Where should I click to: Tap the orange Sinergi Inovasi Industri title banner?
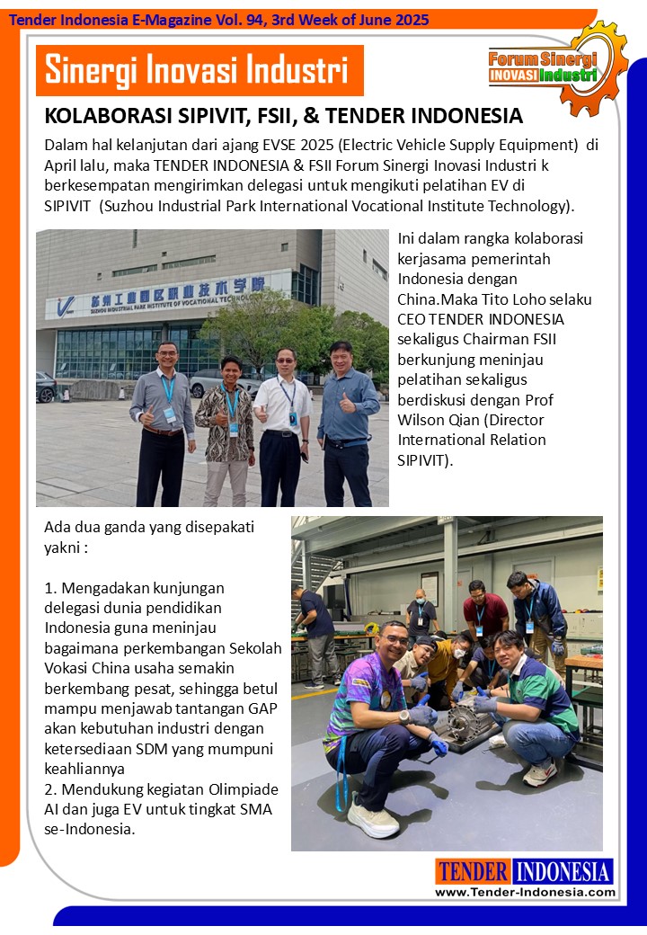199,70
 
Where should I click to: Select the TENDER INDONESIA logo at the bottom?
524,871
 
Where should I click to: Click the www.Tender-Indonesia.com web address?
525,892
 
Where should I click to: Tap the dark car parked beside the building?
45,386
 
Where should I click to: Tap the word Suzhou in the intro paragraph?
129,206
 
